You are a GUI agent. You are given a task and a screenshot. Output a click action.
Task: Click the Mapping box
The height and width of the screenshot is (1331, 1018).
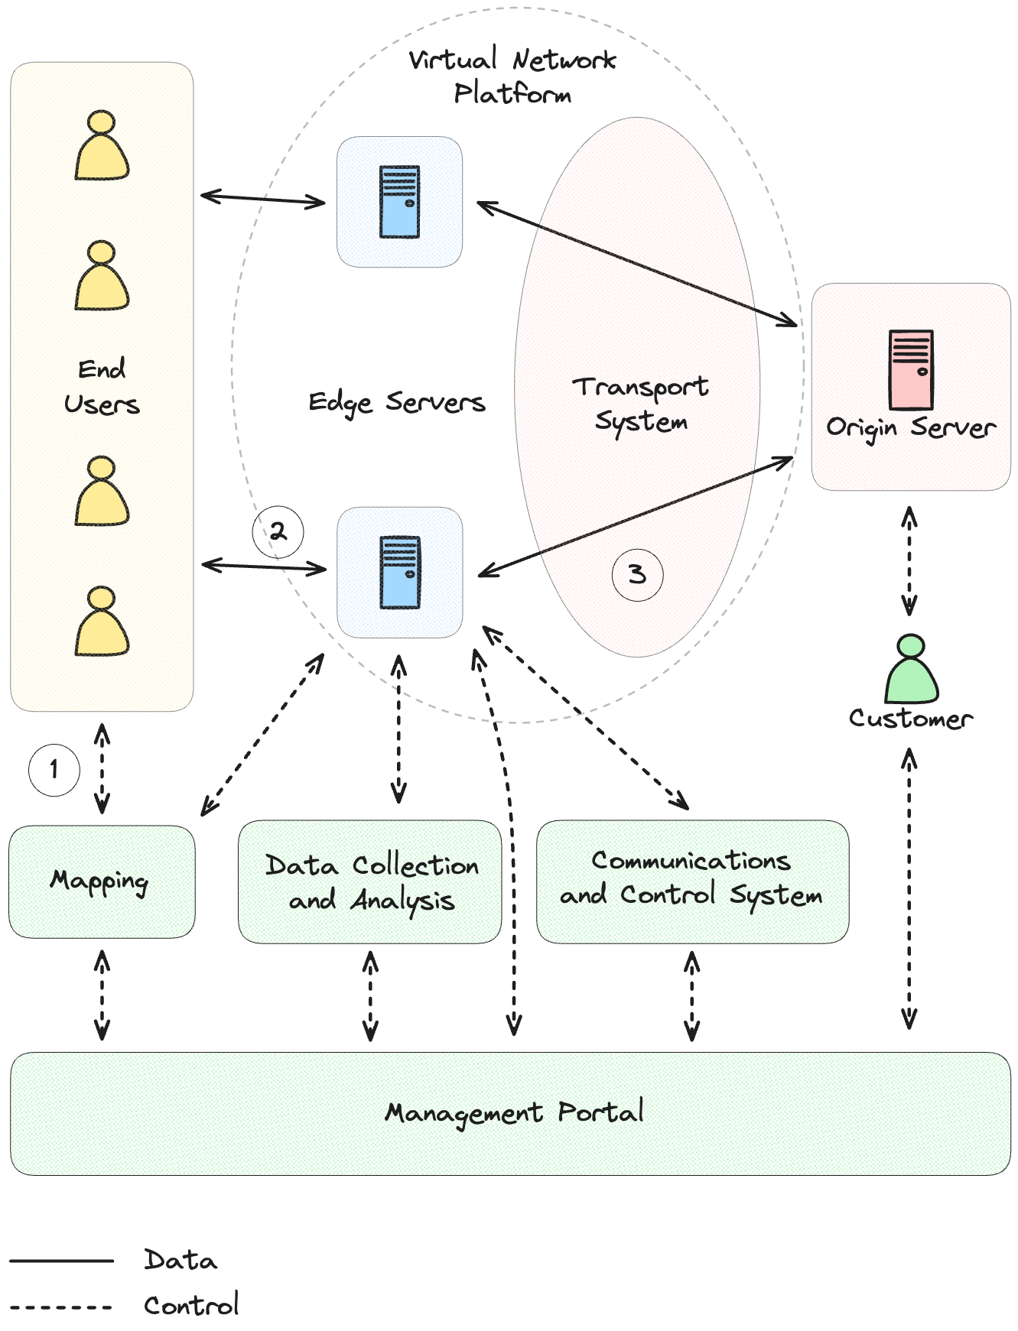point(102,881)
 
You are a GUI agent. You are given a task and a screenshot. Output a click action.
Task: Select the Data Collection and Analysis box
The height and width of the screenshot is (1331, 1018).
point(370,881)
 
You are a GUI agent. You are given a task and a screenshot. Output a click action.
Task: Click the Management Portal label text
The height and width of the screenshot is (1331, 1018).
point(513,1112)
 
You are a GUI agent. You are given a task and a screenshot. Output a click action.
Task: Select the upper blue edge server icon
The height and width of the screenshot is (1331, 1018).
point(400,202)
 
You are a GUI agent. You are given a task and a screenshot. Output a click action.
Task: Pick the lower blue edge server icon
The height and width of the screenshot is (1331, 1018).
point(400,572)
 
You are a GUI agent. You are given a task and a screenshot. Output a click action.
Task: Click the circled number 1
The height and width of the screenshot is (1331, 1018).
point(54,769)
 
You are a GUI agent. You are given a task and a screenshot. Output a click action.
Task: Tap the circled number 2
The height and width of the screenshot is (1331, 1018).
point(278,531)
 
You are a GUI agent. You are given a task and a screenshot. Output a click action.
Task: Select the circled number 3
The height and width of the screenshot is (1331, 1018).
point(636,573)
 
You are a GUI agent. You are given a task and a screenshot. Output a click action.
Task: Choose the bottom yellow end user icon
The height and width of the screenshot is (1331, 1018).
point(102,622)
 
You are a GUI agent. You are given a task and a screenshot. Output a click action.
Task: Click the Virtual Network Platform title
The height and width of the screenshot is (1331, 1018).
point(512,76)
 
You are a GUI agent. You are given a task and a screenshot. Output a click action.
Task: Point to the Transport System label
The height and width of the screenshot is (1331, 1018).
point(641,404)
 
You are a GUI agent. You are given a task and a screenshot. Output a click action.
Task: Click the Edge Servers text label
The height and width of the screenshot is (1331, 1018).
point(396,402)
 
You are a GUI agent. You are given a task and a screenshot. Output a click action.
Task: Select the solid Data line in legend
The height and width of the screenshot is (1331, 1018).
point(61,1261)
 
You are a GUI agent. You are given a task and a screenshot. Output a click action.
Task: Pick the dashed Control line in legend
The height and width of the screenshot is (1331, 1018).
point(61,1307)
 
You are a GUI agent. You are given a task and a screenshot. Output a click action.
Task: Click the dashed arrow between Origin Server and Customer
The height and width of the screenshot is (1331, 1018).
point(909,562)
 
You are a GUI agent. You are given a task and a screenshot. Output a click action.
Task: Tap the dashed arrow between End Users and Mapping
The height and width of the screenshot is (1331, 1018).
point(102,768)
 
